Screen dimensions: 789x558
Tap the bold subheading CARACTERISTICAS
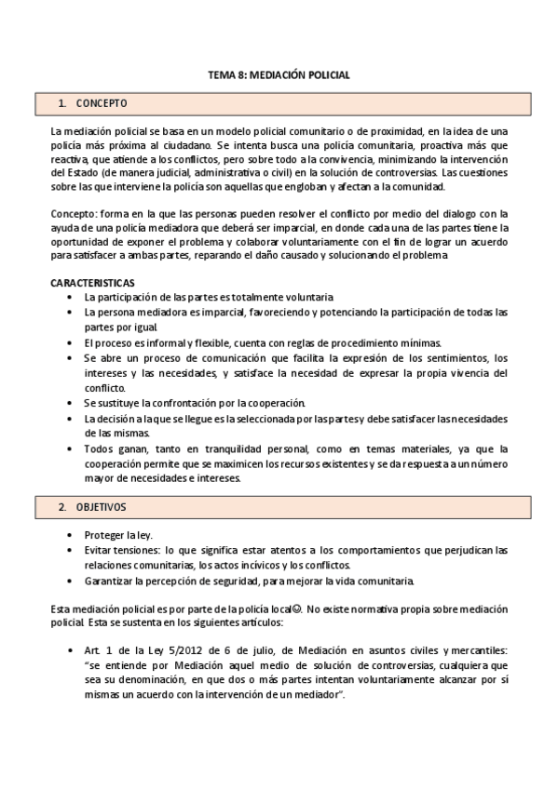tap(93, 282)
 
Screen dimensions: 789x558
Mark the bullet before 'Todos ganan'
tap(71, 448)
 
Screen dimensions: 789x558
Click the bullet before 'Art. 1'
tap(71, 649)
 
